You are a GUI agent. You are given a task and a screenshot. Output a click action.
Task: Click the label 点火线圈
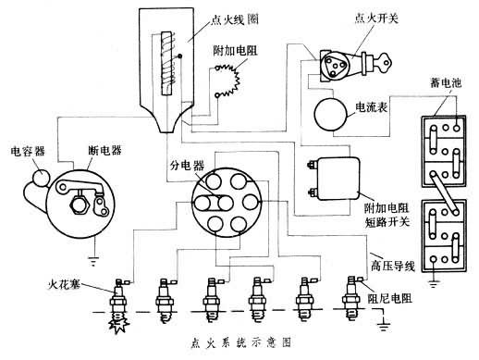235,20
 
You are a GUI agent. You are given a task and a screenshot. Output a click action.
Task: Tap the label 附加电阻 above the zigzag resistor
235,51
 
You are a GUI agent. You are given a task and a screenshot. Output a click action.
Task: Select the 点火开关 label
376,19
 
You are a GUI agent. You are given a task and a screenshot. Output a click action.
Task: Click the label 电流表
372,107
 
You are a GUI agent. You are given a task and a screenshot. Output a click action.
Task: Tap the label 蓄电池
446,82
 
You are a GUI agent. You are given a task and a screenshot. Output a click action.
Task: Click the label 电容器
28,152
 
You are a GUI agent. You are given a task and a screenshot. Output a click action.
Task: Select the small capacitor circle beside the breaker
41,178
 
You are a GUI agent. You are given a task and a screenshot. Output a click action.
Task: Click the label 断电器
104,150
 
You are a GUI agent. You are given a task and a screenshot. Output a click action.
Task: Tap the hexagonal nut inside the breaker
80,205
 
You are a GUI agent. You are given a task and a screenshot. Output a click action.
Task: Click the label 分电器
187,166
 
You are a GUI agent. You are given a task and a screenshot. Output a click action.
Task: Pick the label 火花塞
65,284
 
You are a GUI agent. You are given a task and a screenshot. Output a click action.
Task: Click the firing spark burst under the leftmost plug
117,324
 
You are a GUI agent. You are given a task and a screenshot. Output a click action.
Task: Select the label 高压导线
392,266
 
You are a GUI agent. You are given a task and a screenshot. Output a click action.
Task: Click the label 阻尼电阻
390,298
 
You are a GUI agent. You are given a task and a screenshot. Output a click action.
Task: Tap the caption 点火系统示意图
240,342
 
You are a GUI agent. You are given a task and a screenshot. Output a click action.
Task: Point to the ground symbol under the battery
434,283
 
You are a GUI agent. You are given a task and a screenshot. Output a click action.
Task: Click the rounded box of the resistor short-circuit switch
338,179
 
